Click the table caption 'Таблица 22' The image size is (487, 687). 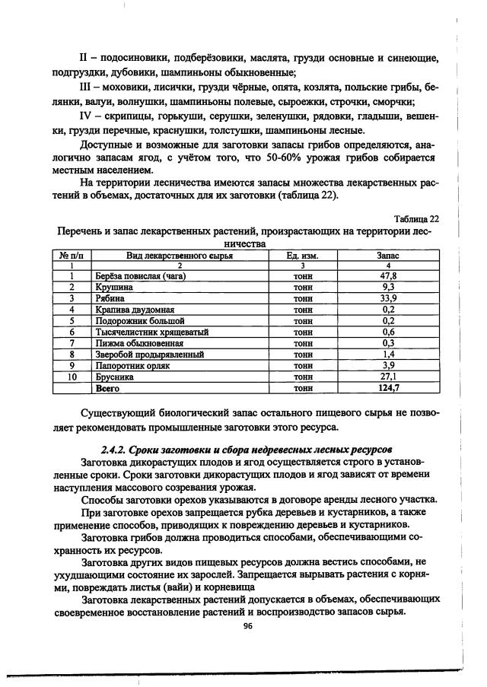click(418, 218)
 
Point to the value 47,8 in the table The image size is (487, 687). click(389, 277)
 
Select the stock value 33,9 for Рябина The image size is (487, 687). click(389, 299)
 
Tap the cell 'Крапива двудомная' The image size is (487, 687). click(134, 310)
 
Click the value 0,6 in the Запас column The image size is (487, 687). click(389, 332)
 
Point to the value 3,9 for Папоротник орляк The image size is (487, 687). click(389, 366)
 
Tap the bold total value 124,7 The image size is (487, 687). click(389, 388)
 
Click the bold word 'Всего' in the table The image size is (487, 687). click(107, 388)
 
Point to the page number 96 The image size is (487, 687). click(247, 626)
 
